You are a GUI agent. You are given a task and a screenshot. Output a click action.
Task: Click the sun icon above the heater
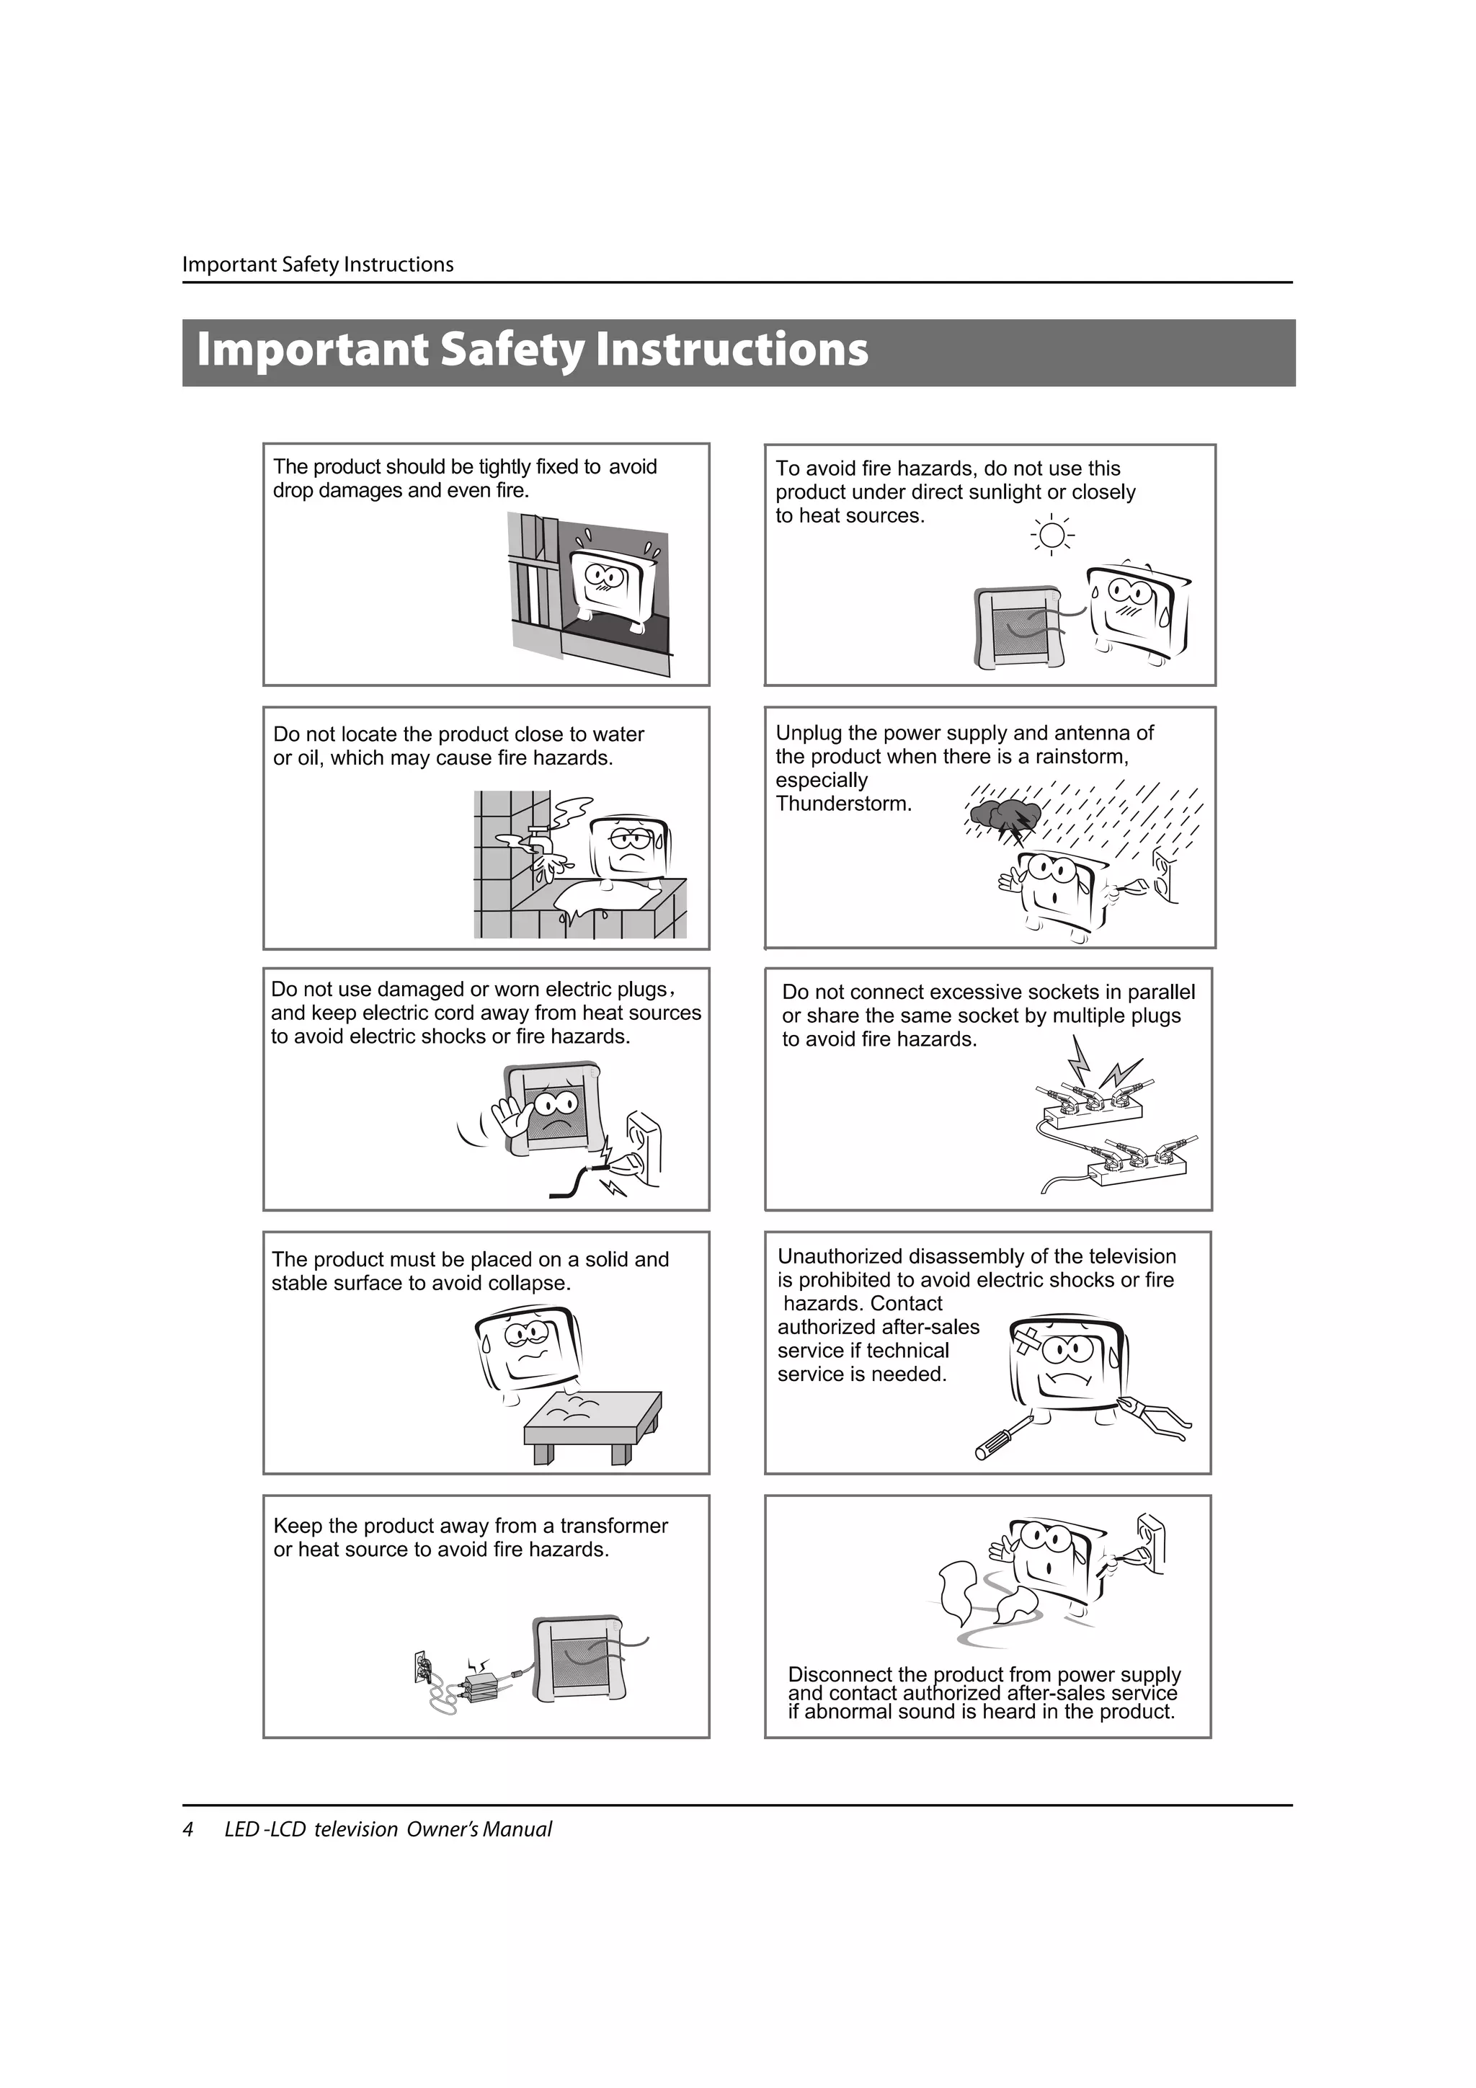tap(1052, 535)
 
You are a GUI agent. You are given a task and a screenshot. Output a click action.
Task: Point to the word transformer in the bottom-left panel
tap(614, 1526)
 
